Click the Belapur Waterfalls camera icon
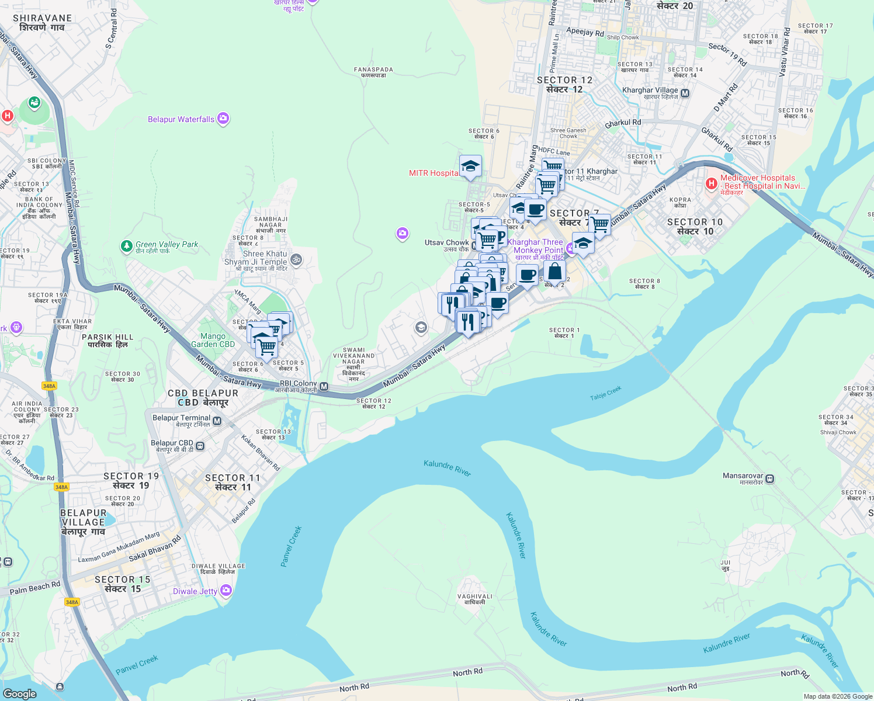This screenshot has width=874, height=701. pos(223,119)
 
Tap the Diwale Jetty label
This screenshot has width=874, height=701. pos(195,591)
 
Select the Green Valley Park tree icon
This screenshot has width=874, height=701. pos(126,246)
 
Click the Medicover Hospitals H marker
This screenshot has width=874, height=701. pos(711,183)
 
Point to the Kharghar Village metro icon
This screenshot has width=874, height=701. pos(685,93)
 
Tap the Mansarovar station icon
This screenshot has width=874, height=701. pos(769,478)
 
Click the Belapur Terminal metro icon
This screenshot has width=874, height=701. pos(217,421)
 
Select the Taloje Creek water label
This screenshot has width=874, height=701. pos(605,393)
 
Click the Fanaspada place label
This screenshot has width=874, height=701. pos(373,72)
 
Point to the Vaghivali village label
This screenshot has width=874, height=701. pos(474,599)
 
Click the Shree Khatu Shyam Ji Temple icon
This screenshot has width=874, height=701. pos(296,259)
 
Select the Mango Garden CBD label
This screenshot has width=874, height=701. pos(213,340)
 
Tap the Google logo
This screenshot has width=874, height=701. pos(19,693)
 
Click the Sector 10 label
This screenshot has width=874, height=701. pos(695,226)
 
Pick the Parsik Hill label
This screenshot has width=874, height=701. pos(107,341)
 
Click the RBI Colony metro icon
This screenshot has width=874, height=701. pos(324,387)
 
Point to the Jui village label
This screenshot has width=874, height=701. pos(725,565)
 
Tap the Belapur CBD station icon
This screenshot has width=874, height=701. pos(200,446)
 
